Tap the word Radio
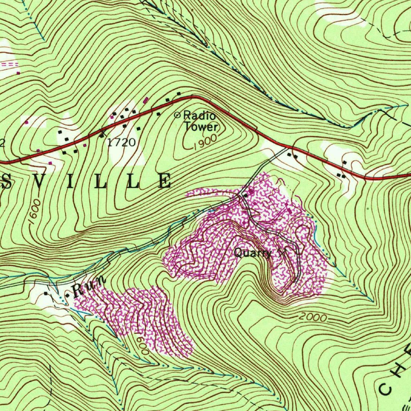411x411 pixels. [x=199, y=116]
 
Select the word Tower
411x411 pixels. [x=201, y=127]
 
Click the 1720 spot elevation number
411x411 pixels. [x=121, y=142]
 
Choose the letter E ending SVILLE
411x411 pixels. [x=165, y=181]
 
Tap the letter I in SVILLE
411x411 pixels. [x=71, y=181]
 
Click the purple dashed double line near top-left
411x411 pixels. [x=9, y=64]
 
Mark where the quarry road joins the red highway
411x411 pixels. [x=288, y=147]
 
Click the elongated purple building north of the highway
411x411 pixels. [x=146, y=100]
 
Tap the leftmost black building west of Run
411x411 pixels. [x=46, y=293]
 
